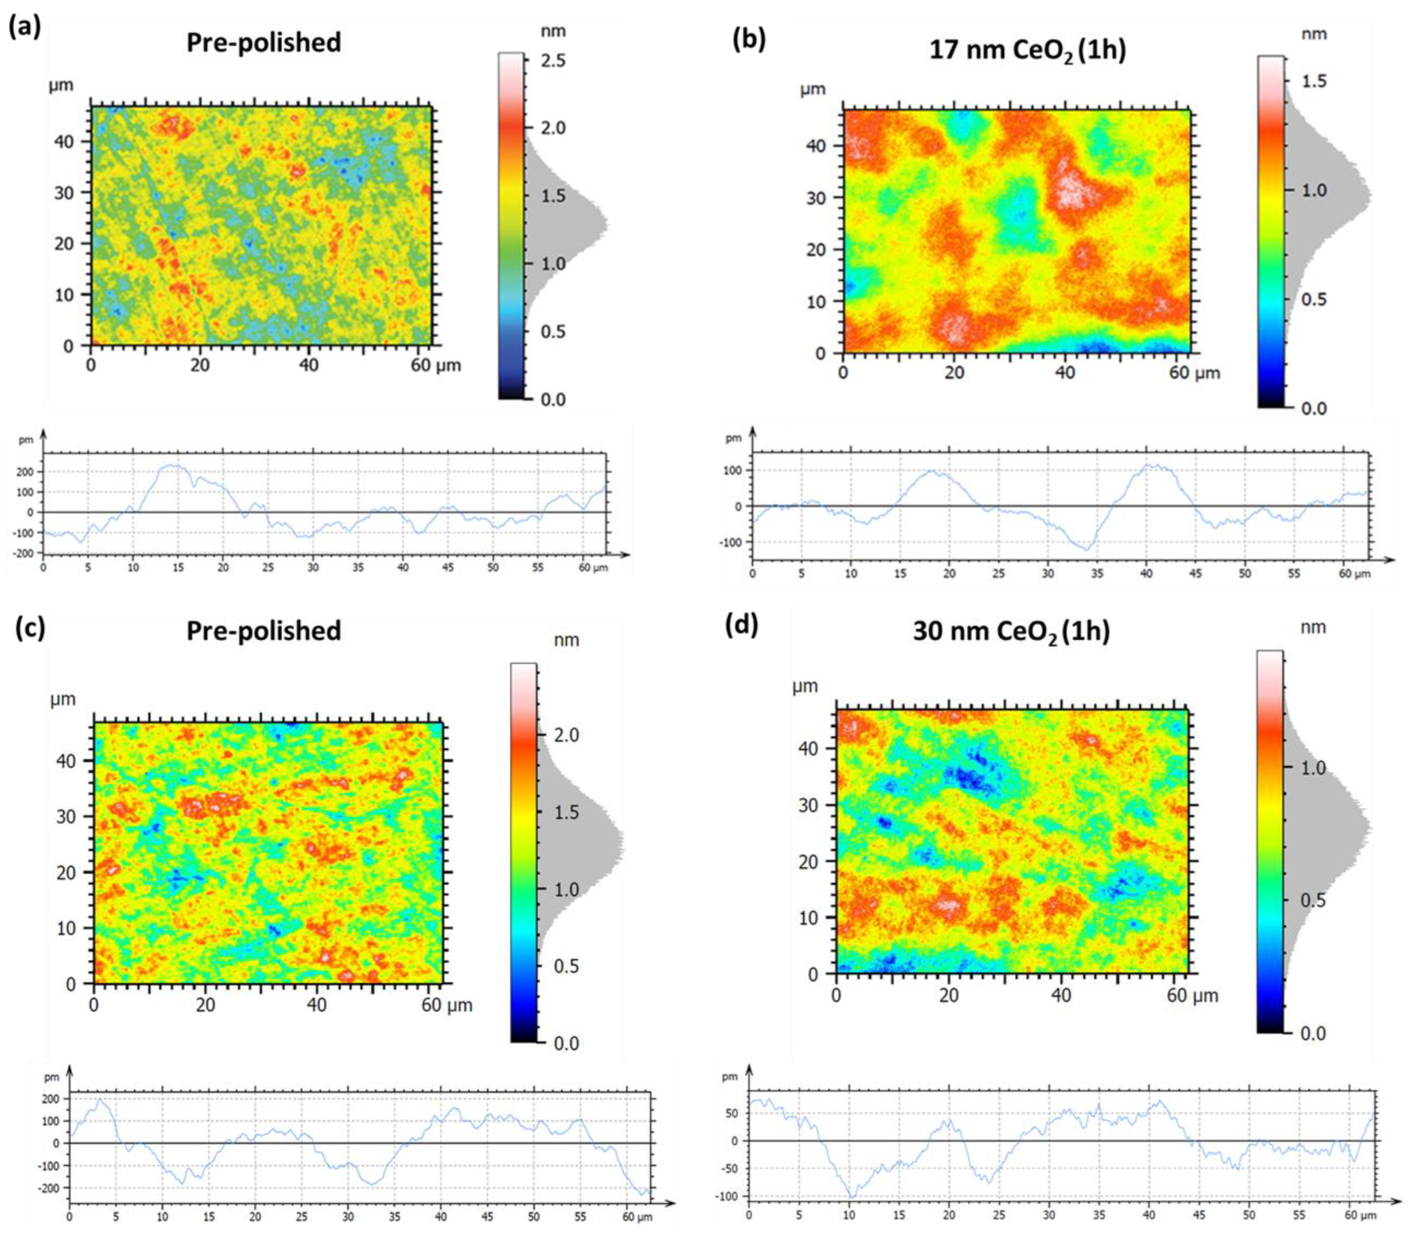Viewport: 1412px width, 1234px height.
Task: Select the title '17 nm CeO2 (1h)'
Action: (x=1027, y=51)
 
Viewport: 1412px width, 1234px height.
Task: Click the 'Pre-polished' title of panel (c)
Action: (x=264, y=631)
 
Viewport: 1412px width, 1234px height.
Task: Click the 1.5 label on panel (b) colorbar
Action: (x=1314, y=81)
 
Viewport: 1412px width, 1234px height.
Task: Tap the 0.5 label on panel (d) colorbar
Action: (x=1312, y=901)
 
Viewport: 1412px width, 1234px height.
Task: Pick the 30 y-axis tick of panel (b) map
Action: (x=816, y=198)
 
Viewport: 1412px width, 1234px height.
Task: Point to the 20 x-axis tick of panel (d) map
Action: (x=949, y=995)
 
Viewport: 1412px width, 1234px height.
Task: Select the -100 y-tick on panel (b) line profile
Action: (x=734, y=542)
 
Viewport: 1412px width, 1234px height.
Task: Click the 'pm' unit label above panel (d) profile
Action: (x=730, y=1077)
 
